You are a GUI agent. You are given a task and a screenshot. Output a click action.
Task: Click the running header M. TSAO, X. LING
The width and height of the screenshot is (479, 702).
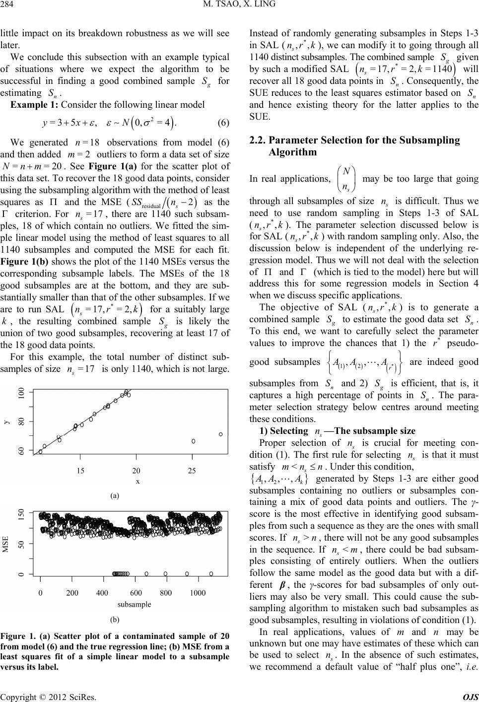[x=239, y=6]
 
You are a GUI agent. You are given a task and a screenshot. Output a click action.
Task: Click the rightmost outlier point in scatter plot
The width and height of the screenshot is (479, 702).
[x=221, y=434]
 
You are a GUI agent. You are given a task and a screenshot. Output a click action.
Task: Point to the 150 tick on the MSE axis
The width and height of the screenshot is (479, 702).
[x=21, y=528]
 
